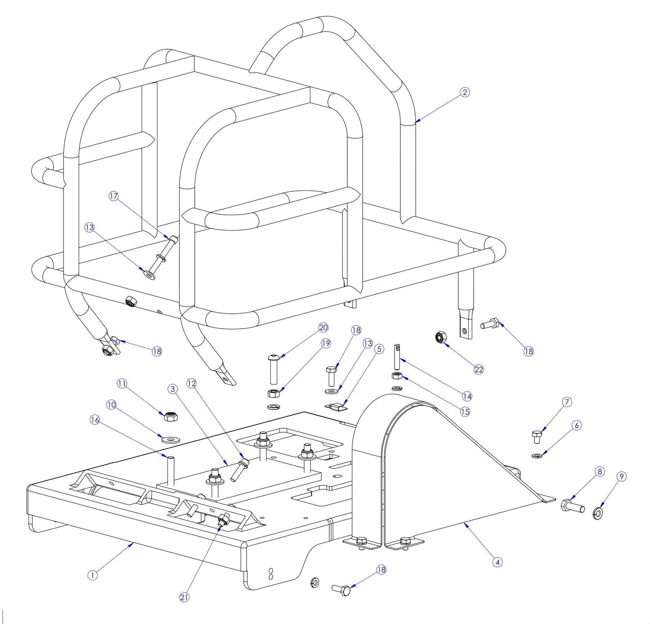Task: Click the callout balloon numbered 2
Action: click(x=465, y=92)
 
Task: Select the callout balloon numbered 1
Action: click(x=92, y=575)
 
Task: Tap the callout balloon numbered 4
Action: click(x=497, y=562)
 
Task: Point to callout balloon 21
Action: click(x=184, y=597)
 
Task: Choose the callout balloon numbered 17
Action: click(x=113, y=196)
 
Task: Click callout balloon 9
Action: click(x=621, y=477)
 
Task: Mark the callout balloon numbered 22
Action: click(x=479, y=370)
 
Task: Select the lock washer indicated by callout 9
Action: click(x=599, y=513)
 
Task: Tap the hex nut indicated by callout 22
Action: click(x=440, y=337)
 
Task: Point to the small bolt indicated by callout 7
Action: click(x=536, y=436)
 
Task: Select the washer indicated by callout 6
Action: click(x=536, y=456)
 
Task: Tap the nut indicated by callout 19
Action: click(x=273, y=393)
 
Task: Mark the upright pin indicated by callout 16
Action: click(x=171, y=471)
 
